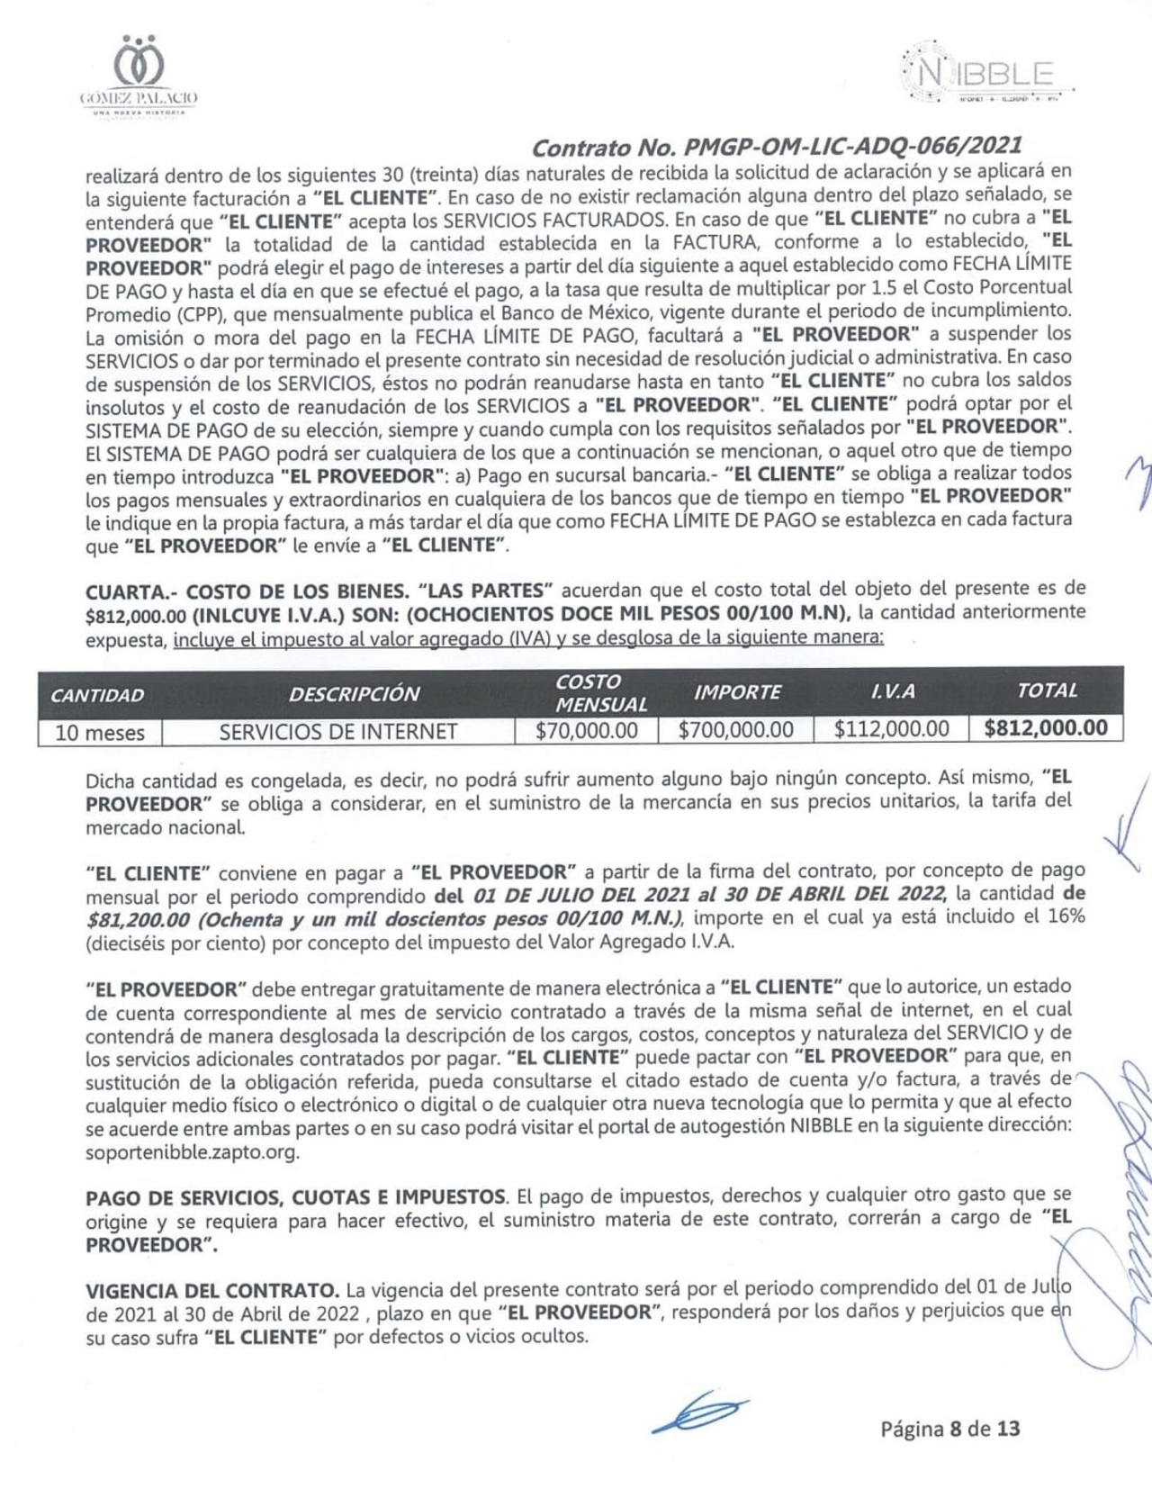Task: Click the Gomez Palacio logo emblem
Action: (x=139, y=64)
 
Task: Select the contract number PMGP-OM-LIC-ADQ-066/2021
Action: (x=776, y=146)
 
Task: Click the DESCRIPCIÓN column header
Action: (x=354, y=694)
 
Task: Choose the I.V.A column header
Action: (x=892, y=691)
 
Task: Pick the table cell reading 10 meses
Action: (x=100, y=732)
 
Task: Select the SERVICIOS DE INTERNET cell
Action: (x=337, y=731)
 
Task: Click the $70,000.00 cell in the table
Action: (x=586, y=730)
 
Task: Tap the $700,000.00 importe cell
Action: (x=736, y=730)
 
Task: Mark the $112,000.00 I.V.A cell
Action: (x=891, y=729)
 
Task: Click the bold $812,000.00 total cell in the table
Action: (x=1046, y=728)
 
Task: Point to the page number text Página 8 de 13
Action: (x=949, y=1428)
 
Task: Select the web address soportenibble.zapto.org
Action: (x=193, y=1151)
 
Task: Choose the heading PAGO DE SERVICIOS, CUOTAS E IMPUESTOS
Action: (x=295, y=1197)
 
